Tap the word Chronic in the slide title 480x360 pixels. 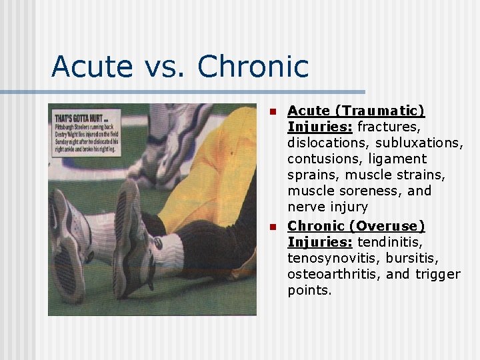253,67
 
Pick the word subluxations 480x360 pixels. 419,143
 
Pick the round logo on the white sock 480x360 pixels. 159,244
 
